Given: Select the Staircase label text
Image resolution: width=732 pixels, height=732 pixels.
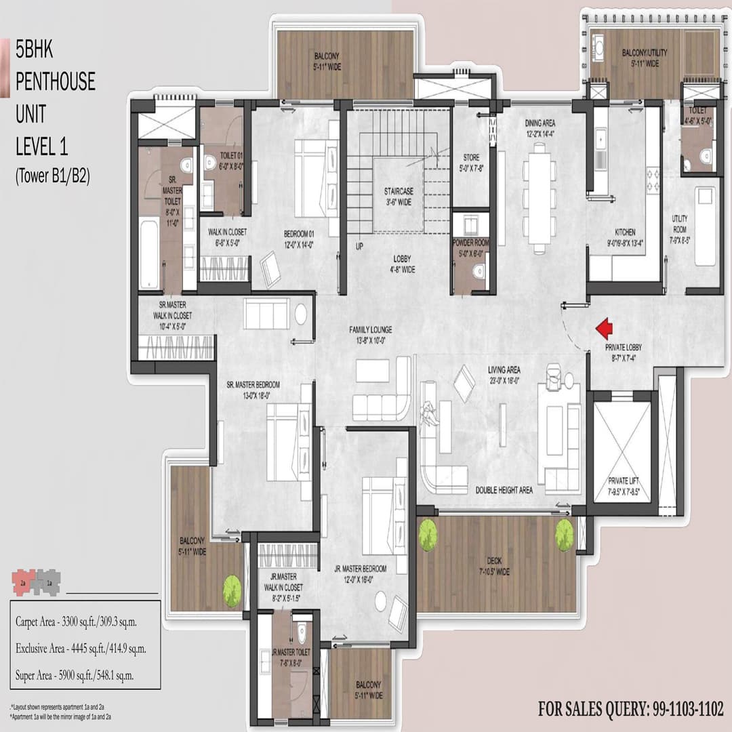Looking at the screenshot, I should (399, 197).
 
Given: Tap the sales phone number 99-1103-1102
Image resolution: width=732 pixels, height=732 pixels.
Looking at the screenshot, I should (631, 710).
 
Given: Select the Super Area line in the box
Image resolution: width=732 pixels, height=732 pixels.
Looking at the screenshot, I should (75, 675).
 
